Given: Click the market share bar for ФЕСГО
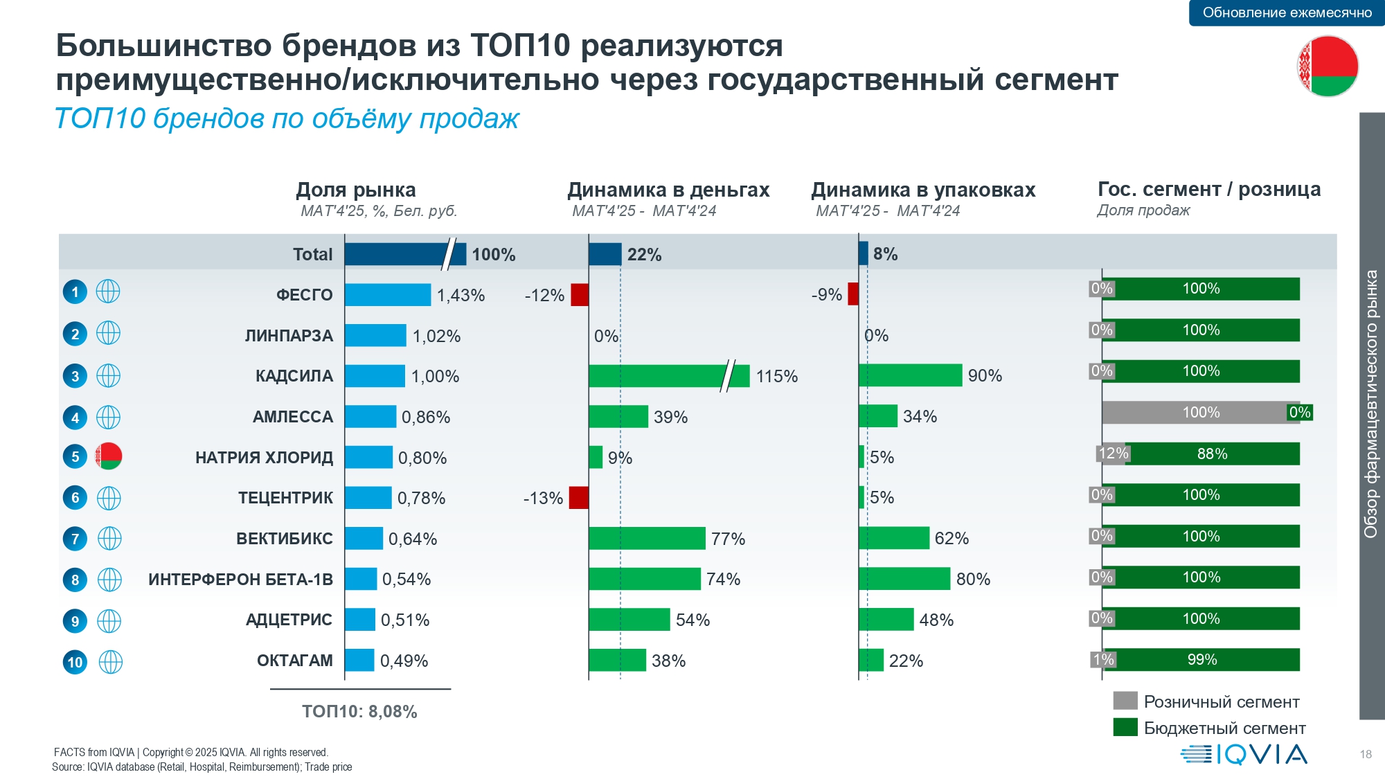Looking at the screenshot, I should pos(388,295).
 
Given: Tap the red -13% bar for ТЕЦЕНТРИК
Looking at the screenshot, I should pos(579,498).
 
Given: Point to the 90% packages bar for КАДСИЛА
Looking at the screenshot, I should pos(910,375).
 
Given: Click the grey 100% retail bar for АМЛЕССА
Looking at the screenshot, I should pos(1195,413).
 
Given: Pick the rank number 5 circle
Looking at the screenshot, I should pos(75,457).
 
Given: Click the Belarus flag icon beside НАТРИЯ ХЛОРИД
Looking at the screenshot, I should pos(109,456).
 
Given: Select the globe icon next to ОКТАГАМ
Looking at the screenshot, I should pos(110,662).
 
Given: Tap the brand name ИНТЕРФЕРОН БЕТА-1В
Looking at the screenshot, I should pos(240,580).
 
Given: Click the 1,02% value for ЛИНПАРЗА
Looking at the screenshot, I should pos(436,337).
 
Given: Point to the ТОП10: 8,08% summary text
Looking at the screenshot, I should pos(359,712).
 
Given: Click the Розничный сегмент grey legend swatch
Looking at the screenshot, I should pos(1125,701).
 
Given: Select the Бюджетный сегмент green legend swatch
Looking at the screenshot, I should pos(1125,727).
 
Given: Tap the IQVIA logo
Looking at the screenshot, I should pos(1244,754).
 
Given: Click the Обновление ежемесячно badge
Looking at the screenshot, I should pos(1287,12).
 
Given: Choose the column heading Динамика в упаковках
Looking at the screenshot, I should pos(923,190).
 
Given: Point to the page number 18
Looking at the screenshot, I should pos(1366,754).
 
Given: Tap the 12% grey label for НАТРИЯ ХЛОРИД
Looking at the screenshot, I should pos(1113,454).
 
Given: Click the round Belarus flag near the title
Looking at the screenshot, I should pos(1328,66).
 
